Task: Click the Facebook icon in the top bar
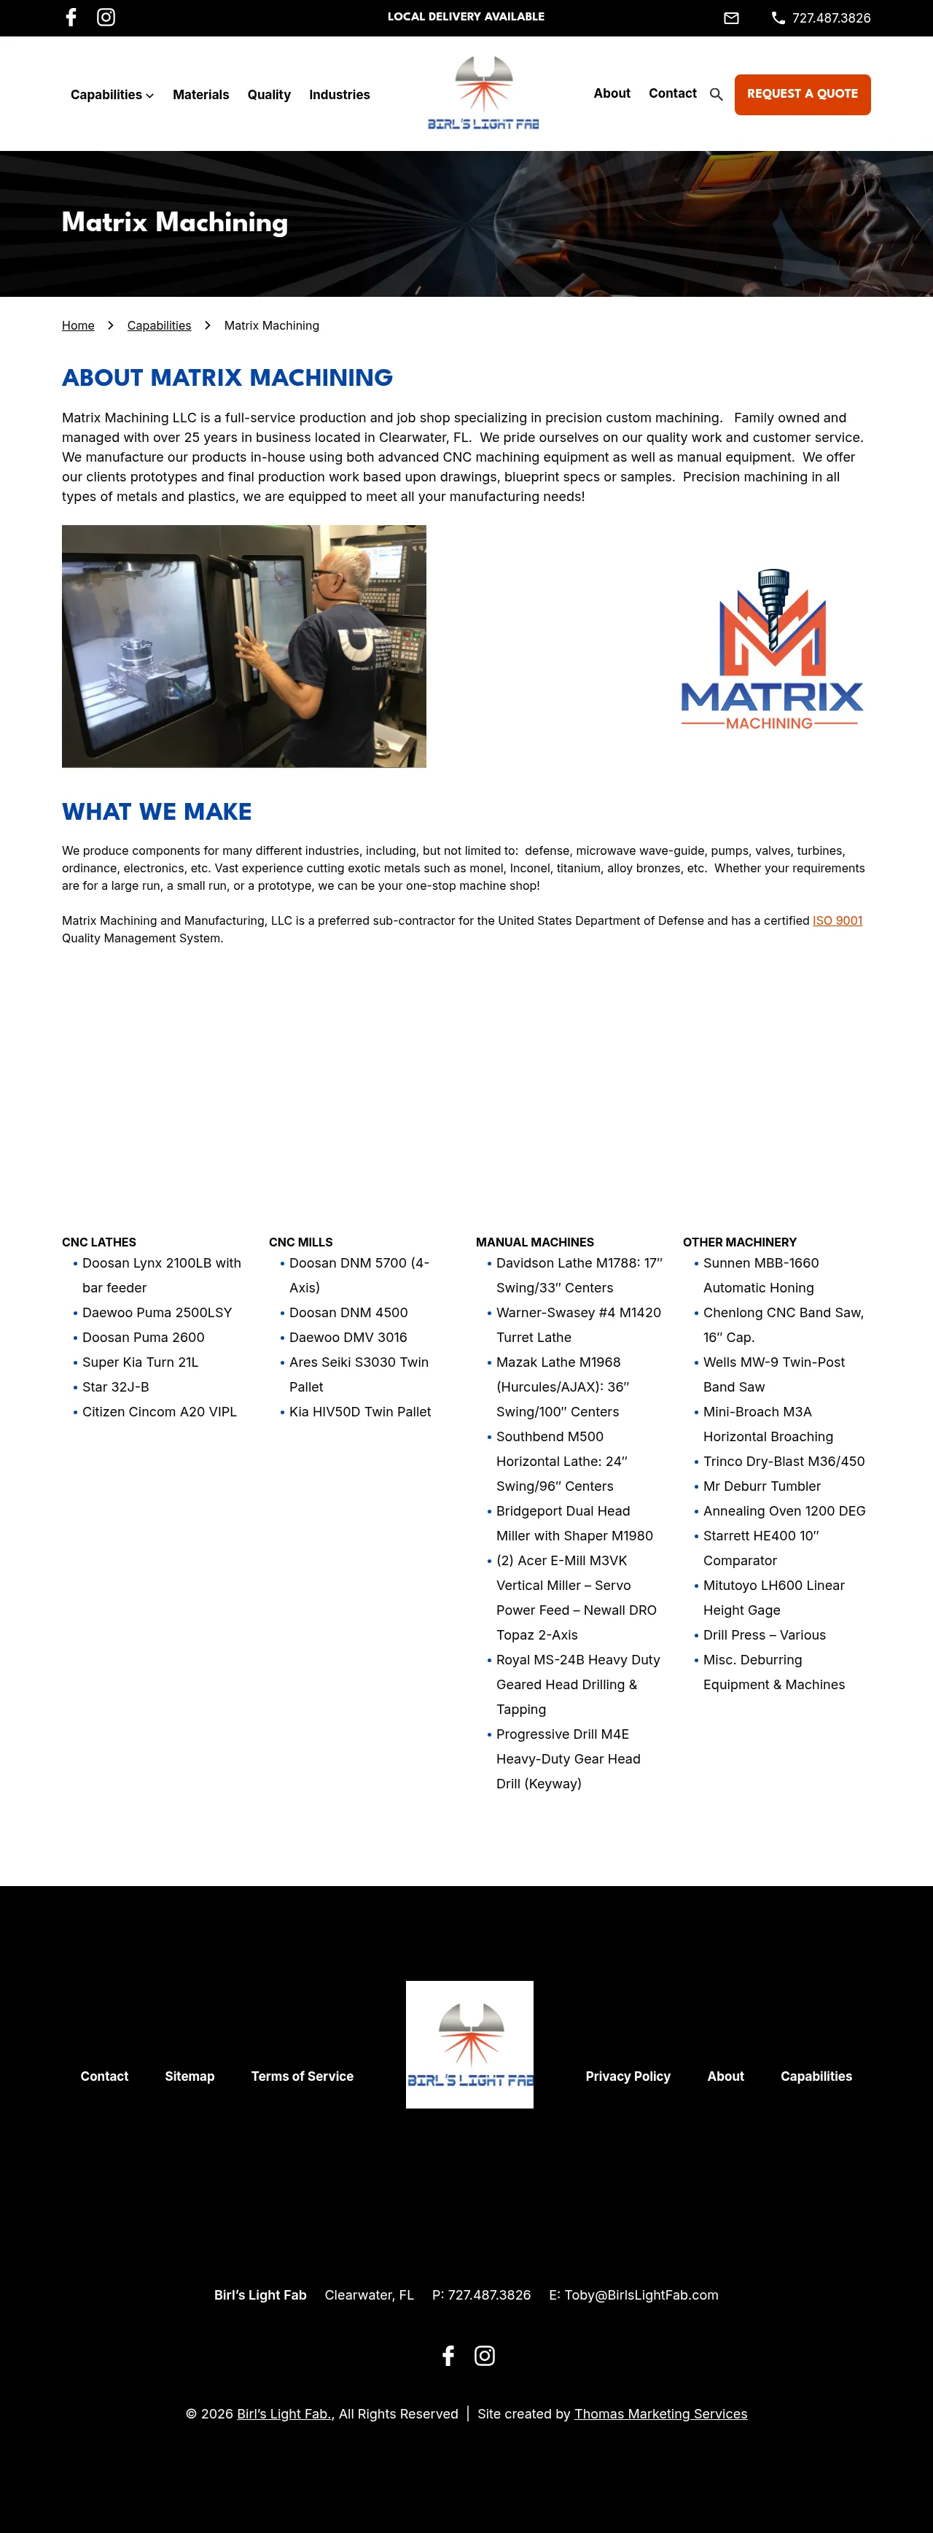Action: click(x=71, y=17)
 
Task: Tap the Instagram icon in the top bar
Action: click(x=106, y=17)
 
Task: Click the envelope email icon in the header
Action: click(x=731, y=18)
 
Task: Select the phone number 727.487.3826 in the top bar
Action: click(x=831, y=18)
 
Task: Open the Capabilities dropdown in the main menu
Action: click(x=112, y=94)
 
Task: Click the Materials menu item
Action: click(x=200, y=94)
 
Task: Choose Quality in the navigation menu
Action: click(x=268, y=94)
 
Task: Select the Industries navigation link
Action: click(x=339, y=94)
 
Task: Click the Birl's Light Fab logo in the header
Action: click(x=483, y=93)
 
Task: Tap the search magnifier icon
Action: click(x=716, y=94)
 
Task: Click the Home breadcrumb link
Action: click(x=78, y=325)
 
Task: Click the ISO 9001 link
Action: click(x=837, y=920)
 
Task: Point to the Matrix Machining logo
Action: click(x=772, y=649)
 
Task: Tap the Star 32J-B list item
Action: click(x=116, y=1386)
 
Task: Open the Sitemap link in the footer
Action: click(x=190, y=2076)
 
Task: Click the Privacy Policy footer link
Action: click(x=628, y=2076)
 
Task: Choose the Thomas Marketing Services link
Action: click(x=660, y=2413)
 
